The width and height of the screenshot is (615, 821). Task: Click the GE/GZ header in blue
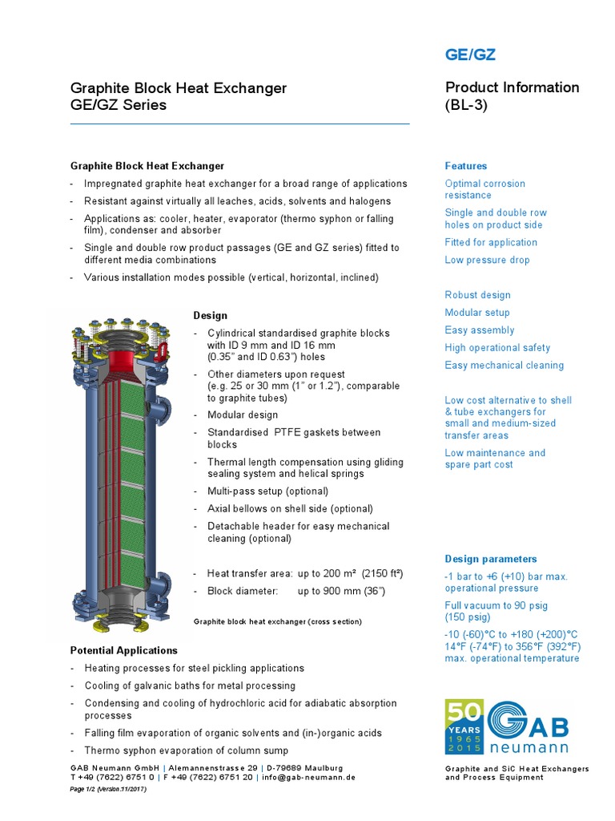pyautogui.click(x=470, y=55)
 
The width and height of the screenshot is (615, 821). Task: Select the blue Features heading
pyautogui.click(x=465, y=166)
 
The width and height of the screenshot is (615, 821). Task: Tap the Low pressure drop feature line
pyautogui.click(x=487, y=260)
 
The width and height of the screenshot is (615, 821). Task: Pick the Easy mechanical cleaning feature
pyautogui.click(x=504, y=366)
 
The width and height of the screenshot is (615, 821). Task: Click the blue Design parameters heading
pyautogui.click(x=491, y=559)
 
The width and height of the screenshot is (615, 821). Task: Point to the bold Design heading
pyautogui.click(x=211, y=316)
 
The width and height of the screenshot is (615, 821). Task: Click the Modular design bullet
pyautogui.click(x=243, y=415)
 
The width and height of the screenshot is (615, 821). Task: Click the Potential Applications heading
pyautogui.click(x=124, y=650)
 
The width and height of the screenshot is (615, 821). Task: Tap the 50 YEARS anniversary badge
pyautogui.click(x=464, y=726)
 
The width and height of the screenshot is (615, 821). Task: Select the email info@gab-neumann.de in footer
pyautogui.click(x=307, y=778)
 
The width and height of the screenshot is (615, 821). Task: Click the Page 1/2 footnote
pyautogui.click(x=108, y=790)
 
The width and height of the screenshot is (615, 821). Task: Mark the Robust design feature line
pyautogui.click(x=477, y=295)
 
